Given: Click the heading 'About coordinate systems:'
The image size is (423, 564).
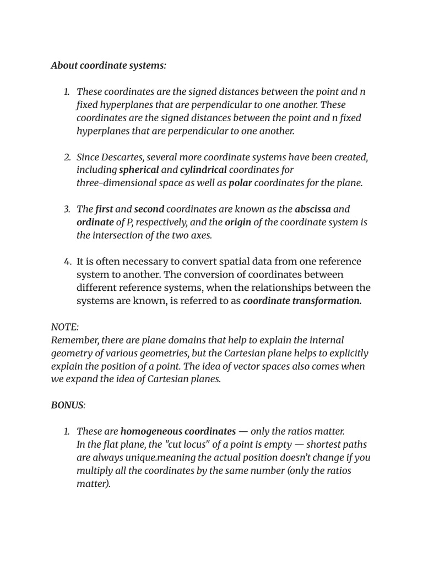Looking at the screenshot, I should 109,66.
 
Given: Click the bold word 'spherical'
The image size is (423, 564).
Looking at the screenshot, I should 139,170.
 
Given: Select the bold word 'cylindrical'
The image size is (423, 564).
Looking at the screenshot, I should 203,170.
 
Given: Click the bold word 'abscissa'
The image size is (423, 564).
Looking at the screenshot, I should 313,209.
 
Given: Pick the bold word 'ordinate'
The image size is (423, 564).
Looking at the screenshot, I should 95,223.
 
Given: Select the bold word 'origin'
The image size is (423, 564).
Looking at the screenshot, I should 238,223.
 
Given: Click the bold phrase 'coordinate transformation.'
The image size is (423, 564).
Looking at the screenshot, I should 302,301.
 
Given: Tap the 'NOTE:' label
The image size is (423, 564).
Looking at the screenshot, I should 65,327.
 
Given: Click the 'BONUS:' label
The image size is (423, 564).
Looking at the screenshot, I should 68,405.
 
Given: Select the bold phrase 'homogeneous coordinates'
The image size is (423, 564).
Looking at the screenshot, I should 178,431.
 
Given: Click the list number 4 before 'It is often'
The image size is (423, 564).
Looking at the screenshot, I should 68,262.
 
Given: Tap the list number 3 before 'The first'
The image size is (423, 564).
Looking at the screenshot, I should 67,209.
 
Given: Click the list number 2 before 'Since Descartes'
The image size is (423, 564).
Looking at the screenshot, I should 67,157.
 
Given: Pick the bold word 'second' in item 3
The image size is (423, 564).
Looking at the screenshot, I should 149,209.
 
